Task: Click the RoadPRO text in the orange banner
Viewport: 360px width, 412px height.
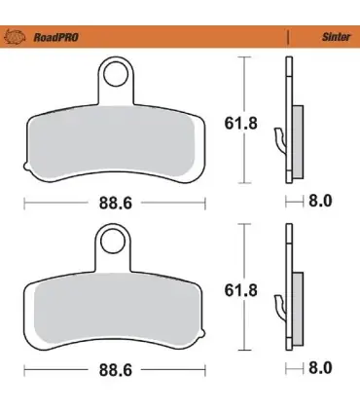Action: tap(56, 37)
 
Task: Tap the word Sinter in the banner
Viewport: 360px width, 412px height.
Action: tap(336, 37)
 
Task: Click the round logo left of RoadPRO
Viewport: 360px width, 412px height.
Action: tap(15, 37)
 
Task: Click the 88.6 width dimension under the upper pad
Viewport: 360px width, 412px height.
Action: tap(116, 204)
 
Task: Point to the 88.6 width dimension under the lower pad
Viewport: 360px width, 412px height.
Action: tap(116, 370)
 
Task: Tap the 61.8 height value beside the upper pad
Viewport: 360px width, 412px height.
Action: tap(240, 124)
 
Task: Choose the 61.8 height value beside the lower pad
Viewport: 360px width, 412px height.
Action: tap(240, 290)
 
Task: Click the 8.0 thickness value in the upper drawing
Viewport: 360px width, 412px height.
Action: tap(320, 201)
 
